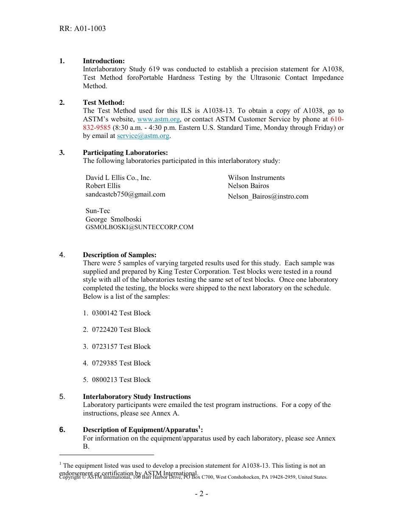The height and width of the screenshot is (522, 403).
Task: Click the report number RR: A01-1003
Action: pos(83,29)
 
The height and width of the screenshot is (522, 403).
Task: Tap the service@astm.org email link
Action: pos(143,136)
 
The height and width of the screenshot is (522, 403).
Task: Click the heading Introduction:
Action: pos(104,61)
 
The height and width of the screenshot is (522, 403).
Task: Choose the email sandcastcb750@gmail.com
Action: pos(125,194)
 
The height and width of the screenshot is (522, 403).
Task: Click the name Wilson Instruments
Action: pos(256,178)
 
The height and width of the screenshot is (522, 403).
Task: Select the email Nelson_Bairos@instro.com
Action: pos(268,196)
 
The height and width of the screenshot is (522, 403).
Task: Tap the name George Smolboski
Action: pos(113,219)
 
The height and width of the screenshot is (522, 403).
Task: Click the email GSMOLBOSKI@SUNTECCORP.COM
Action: pos(139,227)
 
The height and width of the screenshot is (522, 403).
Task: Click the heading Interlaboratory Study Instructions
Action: pos(137,397)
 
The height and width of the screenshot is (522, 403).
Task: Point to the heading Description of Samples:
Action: pos(120,255)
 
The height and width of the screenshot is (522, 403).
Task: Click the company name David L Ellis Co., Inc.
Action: pos(118,178)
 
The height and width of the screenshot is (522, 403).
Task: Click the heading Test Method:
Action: pos(104,103)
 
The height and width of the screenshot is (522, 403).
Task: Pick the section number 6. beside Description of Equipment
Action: pos(62,430)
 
